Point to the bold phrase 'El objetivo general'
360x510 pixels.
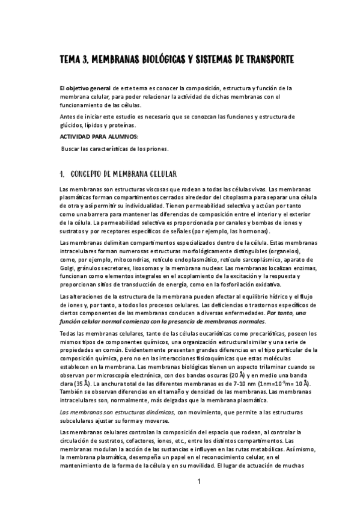click(85, 88)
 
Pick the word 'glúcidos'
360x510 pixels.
click(72, 125)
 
